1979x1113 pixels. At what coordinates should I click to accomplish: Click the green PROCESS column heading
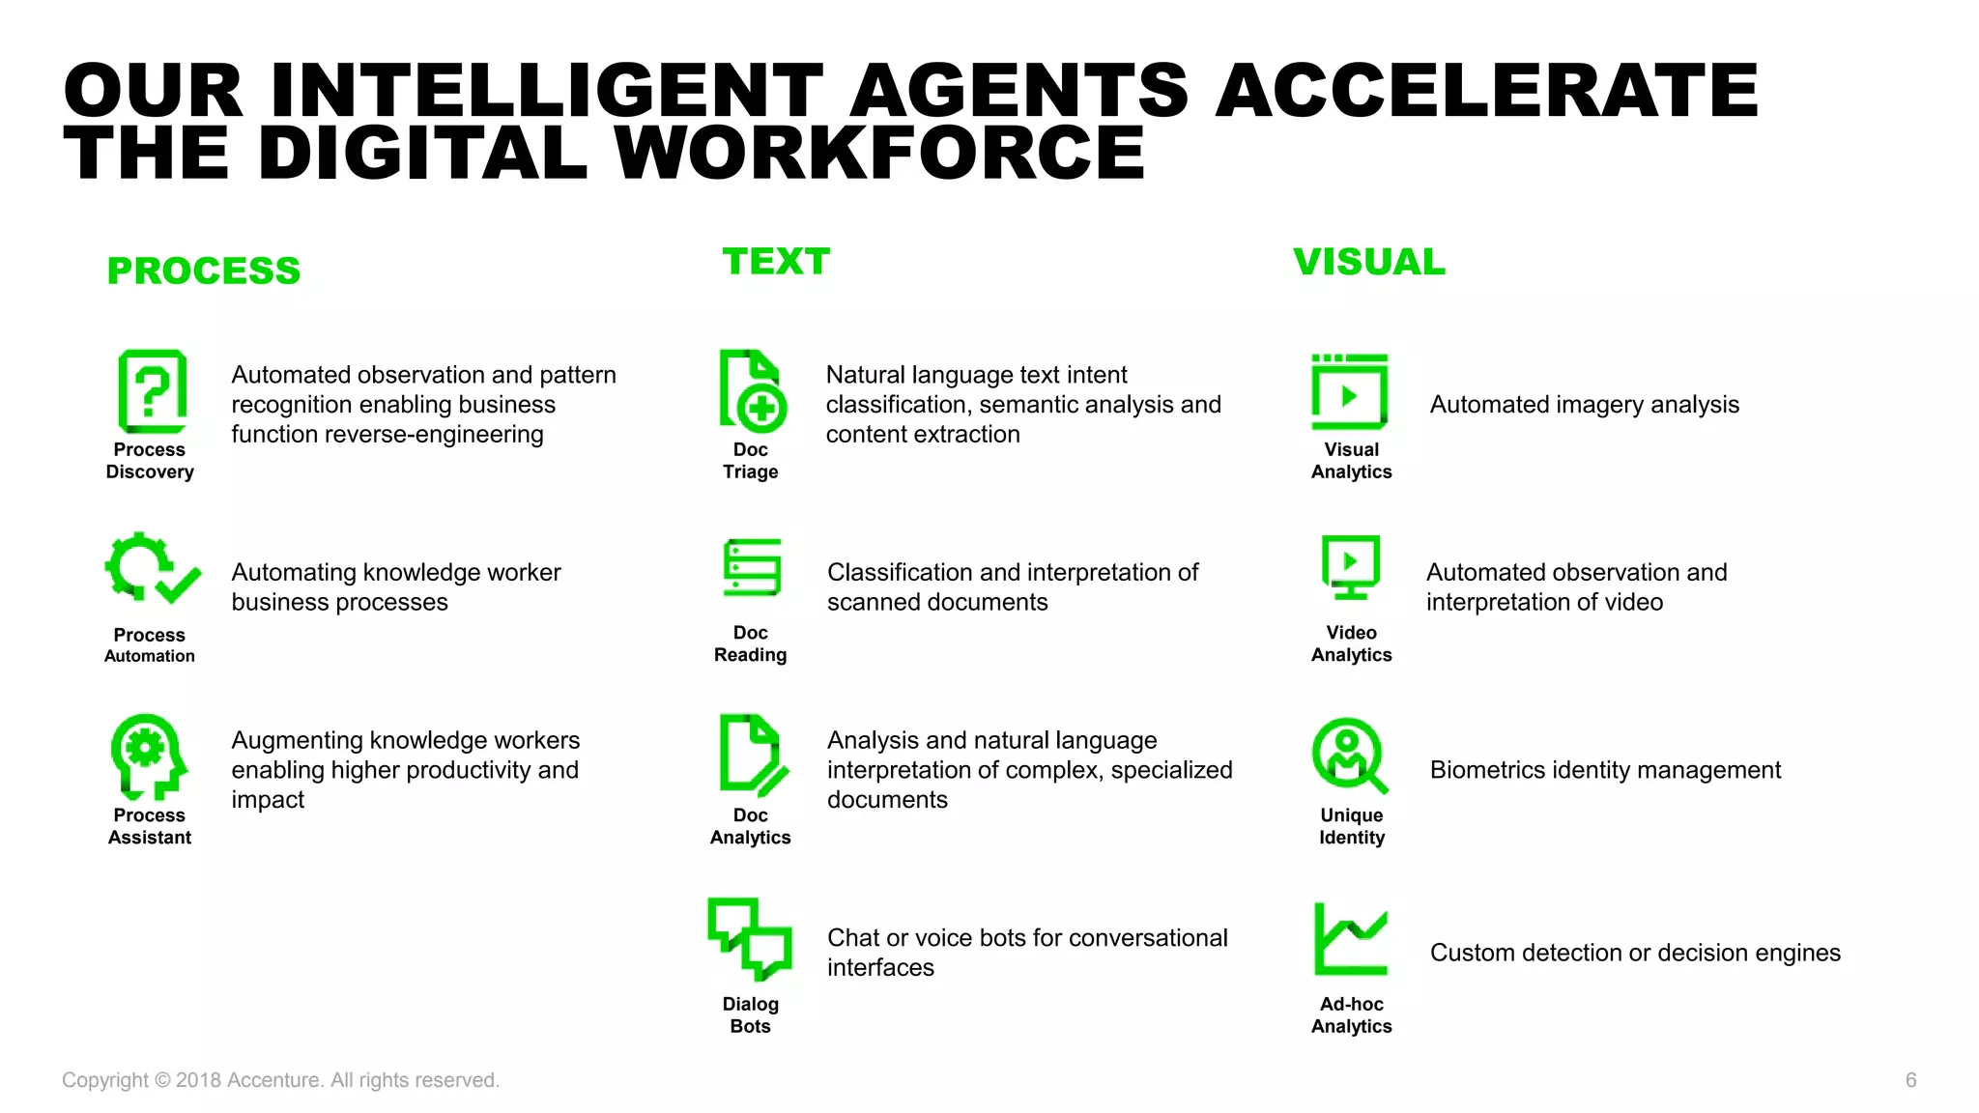(x=203, y=271)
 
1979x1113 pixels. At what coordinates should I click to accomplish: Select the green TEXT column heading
(x=776, y=262)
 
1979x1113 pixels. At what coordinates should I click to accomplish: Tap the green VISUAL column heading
(x=1368, y=262)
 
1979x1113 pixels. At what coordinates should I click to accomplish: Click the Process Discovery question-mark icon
(x=152, y=391)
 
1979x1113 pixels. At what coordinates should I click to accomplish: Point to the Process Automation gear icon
(x=151, y=569)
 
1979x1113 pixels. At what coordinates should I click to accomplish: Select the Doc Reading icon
(x=752, y=567)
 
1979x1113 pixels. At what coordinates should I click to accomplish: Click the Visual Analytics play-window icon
(x=1349, y=391)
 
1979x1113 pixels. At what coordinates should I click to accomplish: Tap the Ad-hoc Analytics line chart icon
(x=1350, y=939)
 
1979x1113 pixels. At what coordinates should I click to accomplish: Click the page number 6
(x=1910, y=1080)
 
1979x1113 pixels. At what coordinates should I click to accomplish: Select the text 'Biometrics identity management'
(x=1605, y=770)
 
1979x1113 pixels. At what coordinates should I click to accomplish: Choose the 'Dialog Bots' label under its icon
(x=750, y=1014)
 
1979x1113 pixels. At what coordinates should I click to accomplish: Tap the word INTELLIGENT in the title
(x=547, y=91)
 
